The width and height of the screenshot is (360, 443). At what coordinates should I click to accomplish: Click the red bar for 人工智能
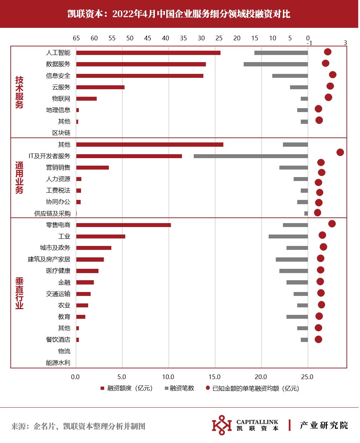[148, 53]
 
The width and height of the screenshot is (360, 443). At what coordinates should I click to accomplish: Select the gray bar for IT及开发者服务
[250, 156]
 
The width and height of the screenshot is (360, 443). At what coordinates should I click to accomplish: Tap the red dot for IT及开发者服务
[340, 152]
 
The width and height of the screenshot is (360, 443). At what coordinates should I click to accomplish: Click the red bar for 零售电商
[123, 225]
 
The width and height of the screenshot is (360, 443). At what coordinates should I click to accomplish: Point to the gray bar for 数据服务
[275, 64]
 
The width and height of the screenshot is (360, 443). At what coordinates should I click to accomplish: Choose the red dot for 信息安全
[333, 75]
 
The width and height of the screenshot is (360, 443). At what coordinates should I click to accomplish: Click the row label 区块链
[61, 133]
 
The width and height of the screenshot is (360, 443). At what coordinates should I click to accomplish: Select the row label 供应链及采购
[52, 213]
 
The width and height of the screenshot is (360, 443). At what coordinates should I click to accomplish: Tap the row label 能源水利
[58, 363]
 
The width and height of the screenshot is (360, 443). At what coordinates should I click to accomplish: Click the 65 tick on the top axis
[76, 39]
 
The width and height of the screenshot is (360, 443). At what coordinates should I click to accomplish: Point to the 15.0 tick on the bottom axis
[215, 377]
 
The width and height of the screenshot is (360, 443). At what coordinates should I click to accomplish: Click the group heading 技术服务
[19, 92]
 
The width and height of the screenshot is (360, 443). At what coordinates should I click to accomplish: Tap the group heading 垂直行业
[19, 293]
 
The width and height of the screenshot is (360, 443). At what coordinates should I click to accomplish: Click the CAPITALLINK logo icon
[222, 426]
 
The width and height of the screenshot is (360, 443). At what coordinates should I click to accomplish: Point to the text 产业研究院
[324, 426]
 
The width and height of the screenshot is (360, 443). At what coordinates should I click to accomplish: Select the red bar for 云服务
[100, 87]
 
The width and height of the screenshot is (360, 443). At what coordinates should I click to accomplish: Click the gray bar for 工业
[288, 236]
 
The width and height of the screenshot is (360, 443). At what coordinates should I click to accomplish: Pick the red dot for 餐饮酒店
[318, 339]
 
